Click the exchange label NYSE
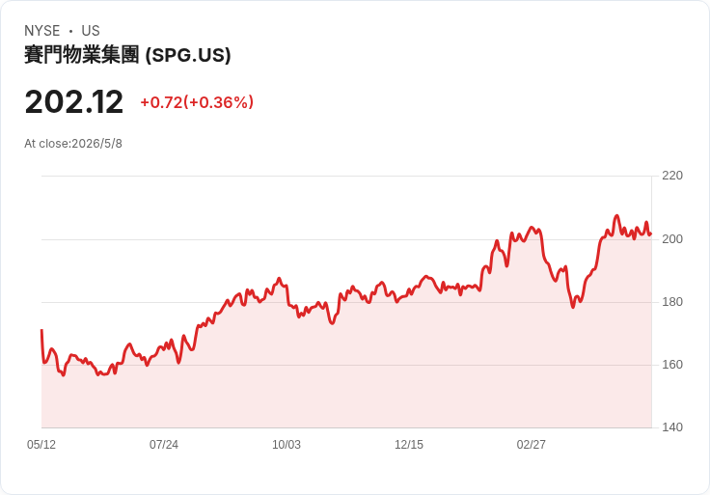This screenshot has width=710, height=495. click(x=42, y=31)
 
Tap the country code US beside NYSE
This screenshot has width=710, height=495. click(x=91, y=31)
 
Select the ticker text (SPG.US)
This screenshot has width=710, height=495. click(x=188, y=55)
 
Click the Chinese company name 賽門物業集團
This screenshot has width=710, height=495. click(x=81, y=55)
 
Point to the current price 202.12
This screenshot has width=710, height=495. click(x=74, y=102)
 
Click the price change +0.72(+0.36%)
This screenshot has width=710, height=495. click(x=197, y=102)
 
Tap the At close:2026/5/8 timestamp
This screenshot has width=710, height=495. click(x=73, y=144)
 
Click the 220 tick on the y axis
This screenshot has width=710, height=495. click(x=672, y=176)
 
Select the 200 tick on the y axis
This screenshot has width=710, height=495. click(x=672, y=238)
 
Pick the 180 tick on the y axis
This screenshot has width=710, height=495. click(x=672, y=302)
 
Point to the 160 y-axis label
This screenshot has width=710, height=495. click(x=672, y=364)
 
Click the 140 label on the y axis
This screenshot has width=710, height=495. click(x=672, y=427)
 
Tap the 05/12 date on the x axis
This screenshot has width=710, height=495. click(x=41, y=445)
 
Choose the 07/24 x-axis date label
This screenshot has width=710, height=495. click(x=164, y=445)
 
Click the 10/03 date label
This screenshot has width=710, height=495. click(x=287, y=445)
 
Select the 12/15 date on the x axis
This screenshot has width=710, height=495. click(x=409, y=445)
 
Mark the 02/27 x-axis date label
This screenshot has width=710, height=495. click(x=532, y=445)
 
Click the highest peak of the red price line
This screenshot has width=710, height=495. click(x=616, y=215)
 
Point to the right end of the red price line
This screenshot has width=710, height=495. click(x=651, y=234)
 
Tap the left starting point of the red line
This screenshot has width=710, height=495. click(x=41, y=330)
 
